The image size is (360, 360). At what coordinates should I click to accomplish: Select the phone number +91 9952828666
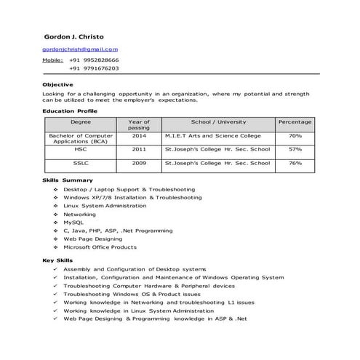click(x=95, y=60)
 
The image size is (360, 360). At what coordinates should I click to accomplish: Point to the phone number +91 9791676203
click(x=95, y=68)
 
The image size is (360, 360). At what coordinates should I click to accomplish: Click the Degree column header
click(x=81, y=122)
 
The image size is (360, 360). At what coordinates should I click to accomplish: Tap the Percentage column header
click(x=295, y=122)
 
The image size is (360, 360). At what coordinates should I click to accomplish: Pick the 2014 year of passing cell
click(x=139, y=135)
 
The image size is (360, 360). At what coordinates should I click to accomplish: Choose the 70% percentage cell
click(x=295, y=135)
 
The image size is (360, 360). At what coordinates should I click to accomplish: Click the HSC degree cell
click(x=81, y=149)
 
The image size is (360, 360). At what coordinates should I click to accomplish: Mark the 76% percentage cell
click(x=295, y=163)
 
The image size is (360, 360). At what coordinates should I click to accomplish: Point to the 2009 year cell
click(x=139, y=163)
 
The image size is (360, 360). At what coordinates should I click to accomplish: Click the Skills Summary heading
click(x=67, y=180)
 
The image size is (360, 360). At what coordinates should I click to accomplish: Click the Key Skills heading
click(x=58, y=260)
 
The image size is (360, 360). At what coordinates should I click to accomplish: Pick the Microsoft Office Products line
click(x=100, y=247)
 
